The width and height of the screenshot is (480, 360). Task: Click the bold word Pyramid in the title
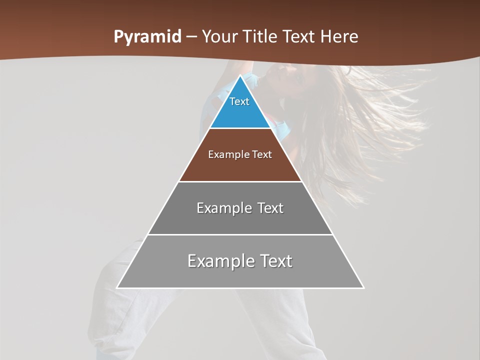click(147, 37)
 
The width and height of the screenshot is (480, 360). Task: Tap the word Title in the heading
click(261, 37)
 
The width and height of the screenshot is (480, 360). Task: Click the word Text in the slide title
click(299, 37)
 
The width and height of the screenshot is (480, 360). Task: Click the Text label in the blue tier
click(239, 101)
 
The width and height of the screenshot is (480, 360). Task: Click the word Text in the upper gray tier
click(270, 208)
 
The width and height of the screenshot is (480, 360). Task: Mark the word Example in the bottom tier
click(220, 261)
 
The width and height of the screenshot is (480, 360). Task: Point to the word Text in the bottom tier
click(275, 261)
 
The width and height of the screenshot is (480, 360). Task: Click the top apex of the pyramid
click(240, 76)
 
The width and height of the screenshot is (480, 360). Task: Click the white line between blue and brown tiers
click(240, 128)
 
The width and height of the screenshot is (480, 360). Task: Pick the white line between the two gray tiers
click(240, 234)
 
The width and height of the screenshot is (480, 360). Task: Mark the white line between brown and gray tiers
click(240, 181)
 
